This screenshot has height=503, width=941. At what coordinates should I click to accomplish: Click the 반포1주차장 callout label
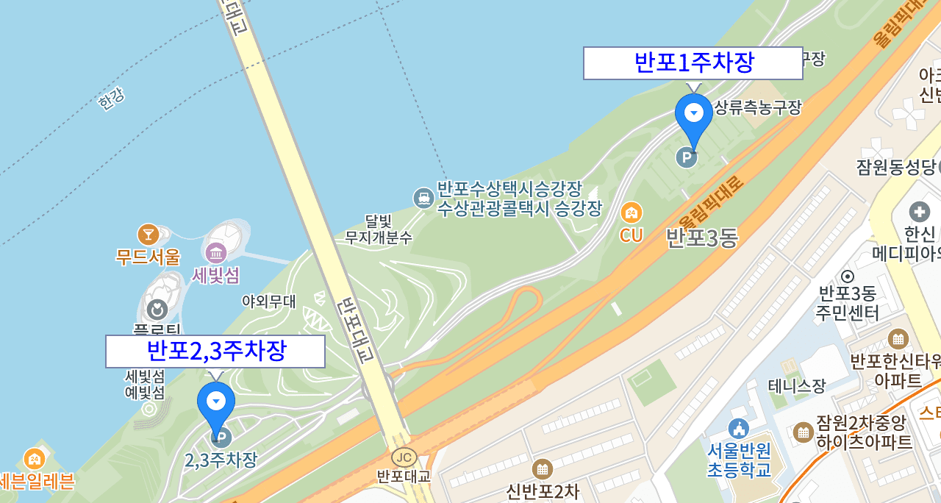point(693,63)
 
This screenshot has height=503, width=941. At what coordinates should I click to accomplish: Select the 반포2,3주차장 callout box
point(215,352)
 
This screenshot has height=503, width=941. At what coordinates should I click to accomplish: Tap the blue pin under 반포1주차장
point(694,118)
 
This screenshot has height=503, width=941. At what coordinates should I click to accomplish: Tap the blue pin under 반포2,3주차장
point(216,405)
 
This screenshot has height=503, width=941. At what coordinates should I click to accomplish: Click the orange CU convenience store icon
point(631,213)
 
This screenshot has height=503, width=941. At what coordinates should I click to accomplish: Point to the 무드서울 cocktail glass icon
point(149,235)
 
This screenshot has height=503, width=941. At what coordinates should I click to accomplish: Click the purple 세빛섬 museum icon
point(216,254)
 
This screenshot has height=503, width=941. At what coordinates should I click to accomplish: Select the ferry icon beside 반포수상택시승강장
point(423,198)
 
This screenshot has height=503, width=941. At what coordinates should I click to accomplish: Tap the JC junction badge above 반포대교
point(403,457)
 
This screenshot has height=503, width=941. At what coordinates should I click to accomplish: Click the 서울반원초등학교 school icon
point(737,428)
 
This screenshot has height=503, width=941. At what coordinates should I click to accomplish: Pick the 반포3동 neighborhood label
point(701,238)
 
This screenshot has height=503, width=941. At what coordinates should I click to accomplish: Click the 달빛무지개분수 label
point(379,229)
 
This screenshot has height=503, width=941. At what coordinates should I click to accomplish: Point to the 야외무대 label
point(269,301)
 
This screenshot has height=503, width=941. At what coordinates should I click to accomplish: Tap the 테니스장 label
point(797,385)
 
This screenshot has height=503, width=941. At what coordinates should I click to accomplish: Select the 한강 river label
point(111,99)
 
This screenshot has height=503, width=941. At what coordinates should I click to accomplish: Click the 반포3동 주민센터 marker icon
point(847,277)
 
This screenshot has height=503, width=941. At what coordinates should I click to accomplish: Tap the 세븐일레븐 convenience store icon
point(34,459)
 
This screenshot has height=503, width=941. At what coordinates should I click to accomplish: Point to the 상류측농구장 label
point(757,108)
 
